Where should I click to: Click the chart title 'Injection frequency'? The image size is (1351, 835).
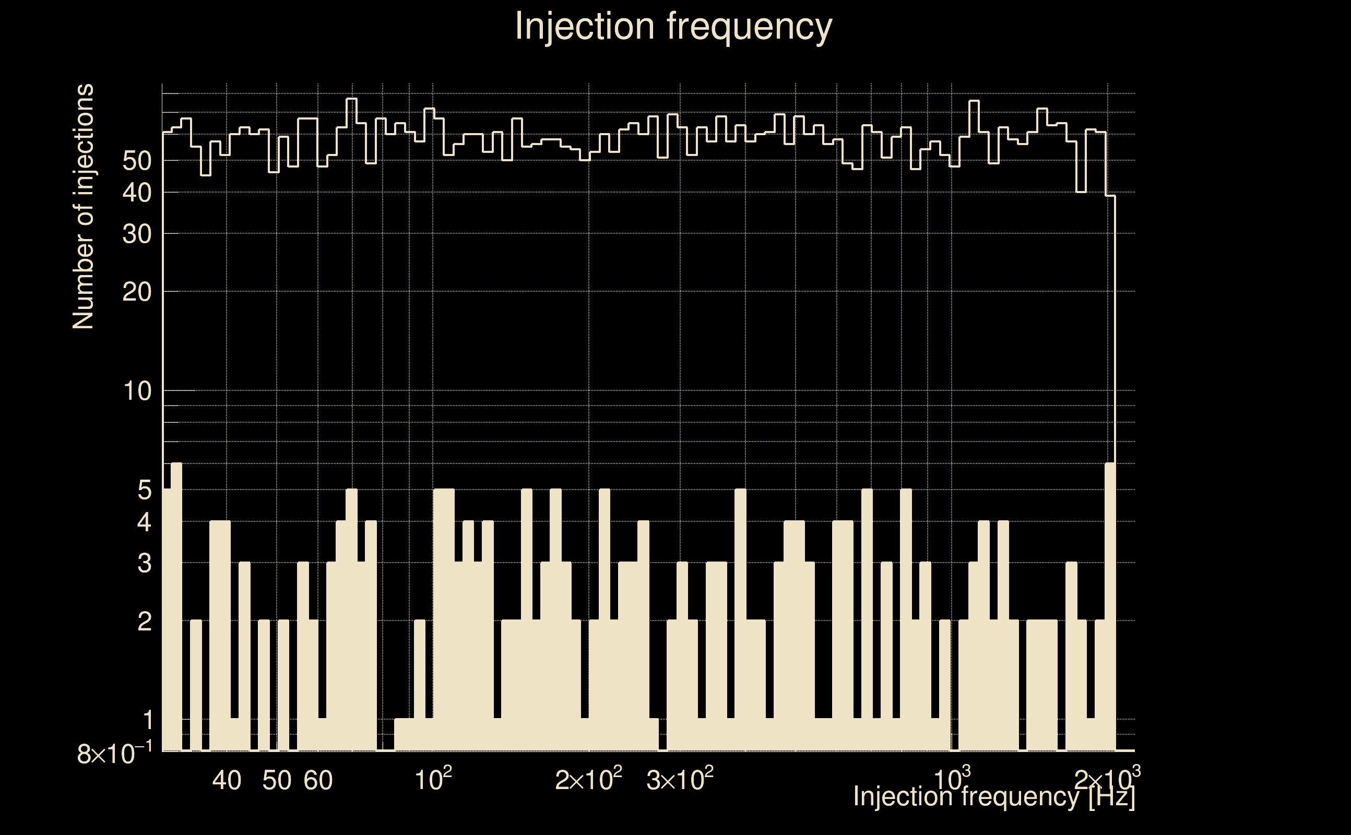pyautogui.click(x=673, y=26)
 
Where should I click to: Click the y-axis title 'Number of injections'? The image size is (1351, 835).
pyautogui.click(x=83, y=207)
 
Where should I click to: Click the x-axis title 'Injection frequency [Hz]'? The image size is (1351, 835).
pyautogui.click(x=994, y=796)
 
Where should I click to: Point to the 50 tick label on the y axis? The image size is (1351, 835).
pyautogui.click(x=137, y=161)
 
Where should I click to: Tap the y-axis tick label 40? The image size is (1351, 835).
pyautogui.click(x=137, y=193)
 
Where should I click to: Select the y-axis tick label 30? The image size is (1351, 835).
pyautogui.click(x=137, y=234)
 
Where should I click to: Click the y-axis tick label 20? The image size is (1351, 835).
pyautogui.click(x=137, y=292)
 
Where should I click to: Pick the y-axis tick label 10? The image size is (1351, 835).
pyautogui.click(x=137, y=391)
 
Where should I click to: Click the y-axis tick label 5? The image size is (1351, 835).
pyautogui.click(x=144, y=490)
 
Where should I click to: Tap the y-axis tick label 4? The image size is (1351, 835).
pyautogui.click(x=144, y=522)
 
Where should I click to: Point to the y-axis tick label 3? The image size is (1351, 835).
pyautogui.click(x=144, y=563)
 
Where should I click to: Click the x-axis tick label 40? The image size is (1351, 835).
pyautogui.click(x=227, y=780)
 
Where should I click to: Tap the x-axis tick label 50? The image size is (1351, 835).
pyautogui.click(x=277, y=780)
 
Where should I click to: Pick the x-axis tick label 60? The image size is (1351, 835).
pyautogui.click(x=318, y=780)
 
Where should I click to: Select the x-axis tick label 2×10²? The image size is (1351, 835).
pyautogui.click(x=588, y=779)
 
